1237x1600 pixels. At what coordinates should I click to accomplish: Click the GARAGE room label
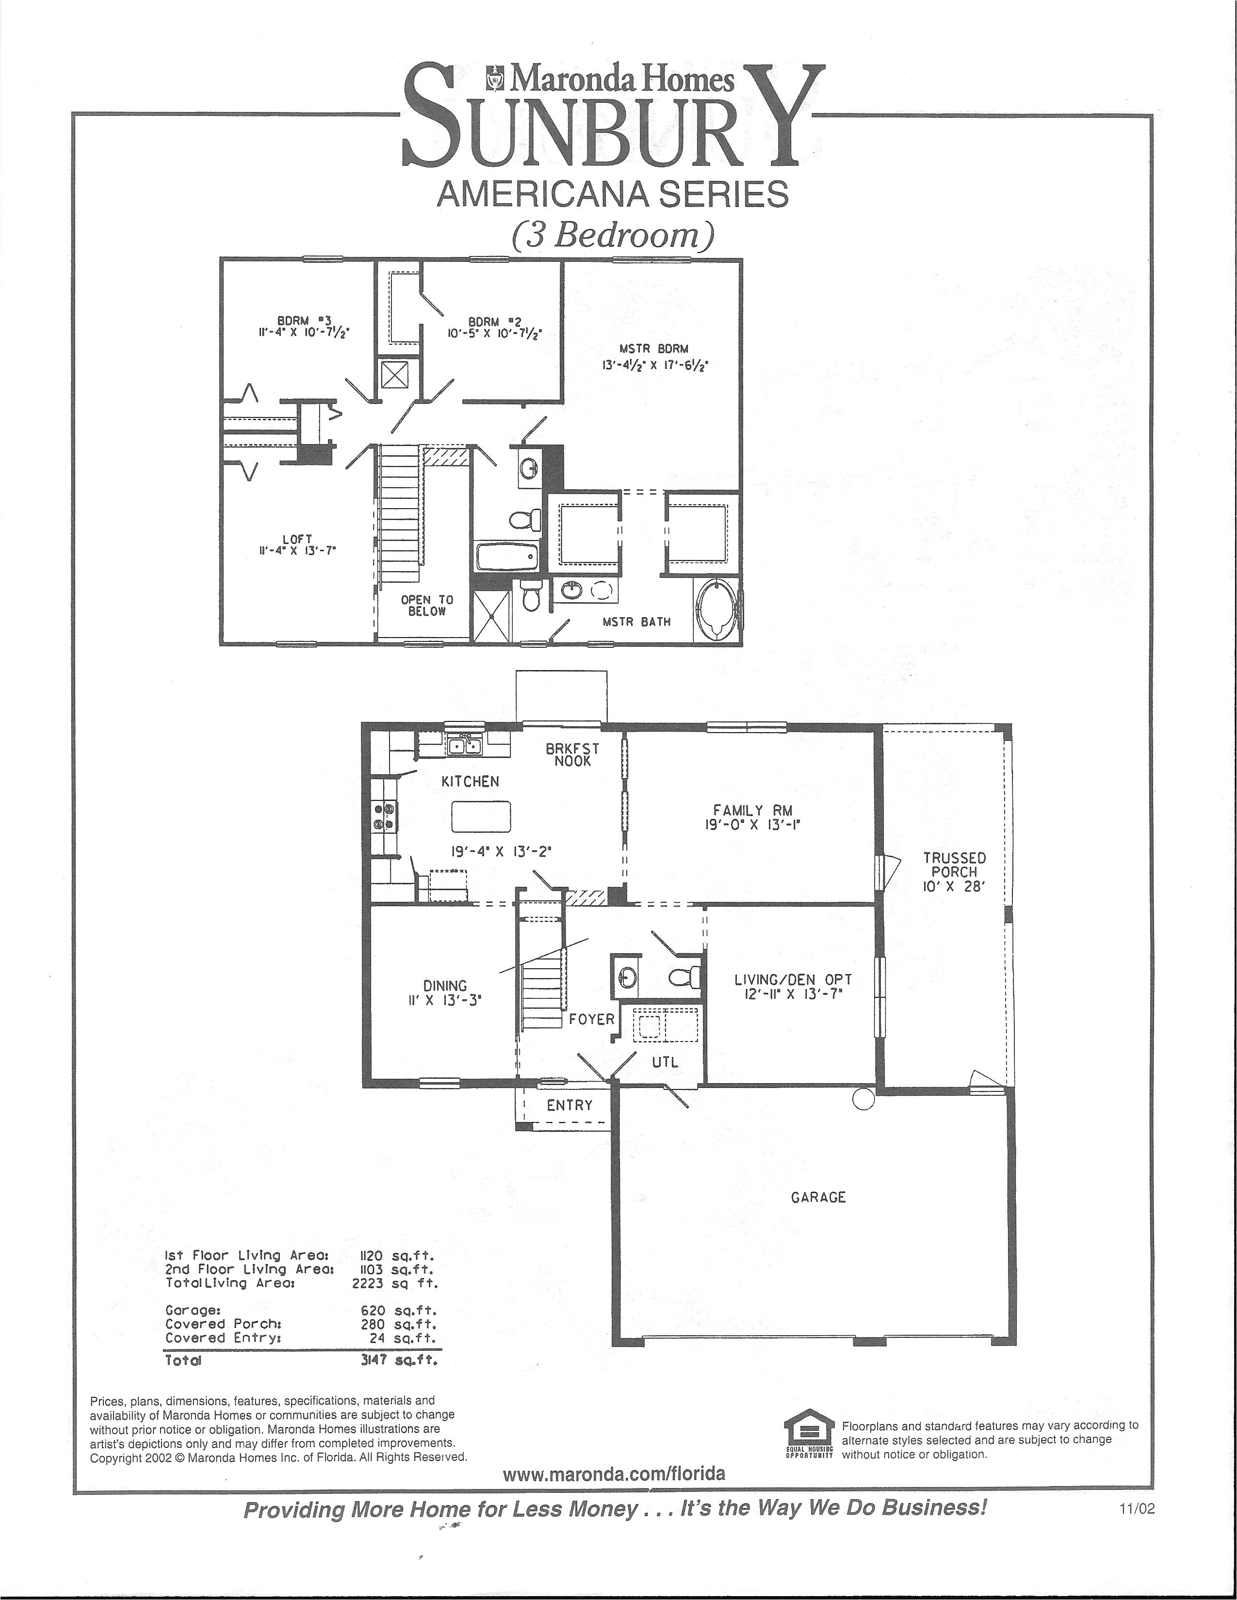[818, 1197]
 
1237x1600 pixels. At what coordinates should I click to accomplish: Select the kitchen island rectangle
[481, 817]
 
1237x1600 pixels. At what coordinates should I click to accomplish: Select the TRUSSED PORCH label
[954, 864]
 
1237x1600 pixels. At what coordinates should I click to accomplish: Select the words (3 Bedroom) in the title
[613, 235]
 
